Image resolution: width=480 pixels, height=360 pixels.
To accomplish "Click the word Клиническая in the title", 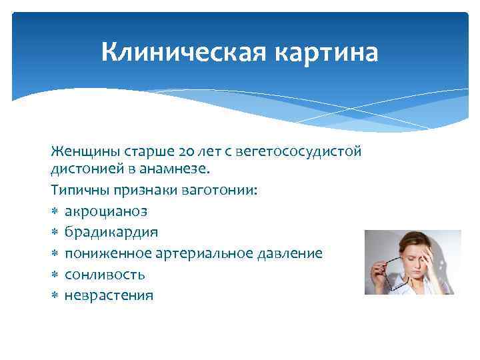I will point(172,51).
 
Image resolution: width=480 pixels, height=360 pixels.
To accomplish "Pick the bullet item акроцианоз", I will point(106,211).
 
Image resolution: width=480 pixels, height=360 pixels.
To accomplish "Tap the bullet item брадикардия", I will point(111,232).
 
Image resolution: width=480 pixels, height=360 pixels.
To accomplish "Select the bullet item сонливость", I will point(105,274).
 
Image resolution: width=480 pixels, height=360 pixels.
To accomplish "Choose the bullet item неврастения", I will point(109,295).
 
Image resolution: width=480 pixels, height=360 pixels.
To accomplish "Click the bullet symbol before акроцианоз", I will point(55,211).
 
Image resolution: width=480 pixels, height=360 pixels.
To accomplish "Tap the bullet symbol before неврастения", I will point(55,295).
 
